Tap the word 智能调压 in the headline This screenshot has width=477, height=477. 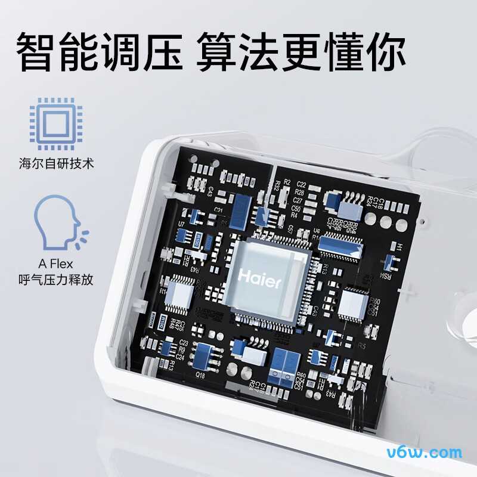[98, 52]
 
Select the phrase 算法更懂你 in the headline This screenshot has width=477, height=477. [301, 52]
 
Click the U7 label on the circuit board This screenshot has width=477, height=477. [181, 223]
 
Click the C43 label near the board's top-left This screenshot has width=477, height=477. [210, 191]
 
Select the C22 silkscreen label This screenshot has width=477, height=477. [301, 184]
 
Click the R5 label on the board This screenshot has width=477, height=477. [361, 345]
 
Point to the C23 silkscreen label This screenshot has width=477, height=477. [184, 343]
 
